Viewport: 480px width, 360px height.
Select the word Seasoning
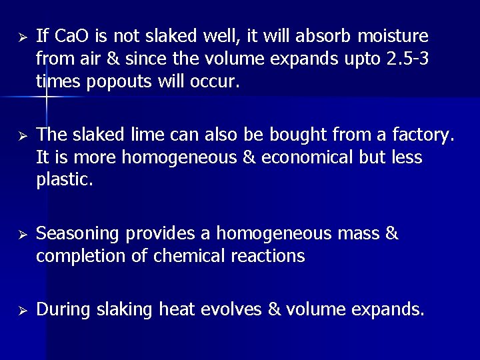[x=78, y=234]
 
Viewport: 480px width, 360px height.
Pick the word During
[x=63, y=309]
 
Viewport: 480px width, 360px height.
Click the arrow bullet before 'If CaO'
[x=21, y=36]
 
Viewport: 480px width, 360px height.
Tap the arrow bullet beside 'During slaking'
[x=21, y=310]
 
